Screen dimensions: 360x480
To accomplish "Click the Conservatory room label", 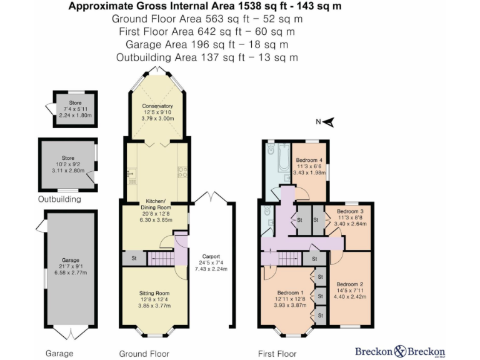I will pos(157,106).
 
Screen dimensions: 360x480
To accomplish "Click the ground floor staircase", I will pos(161,257).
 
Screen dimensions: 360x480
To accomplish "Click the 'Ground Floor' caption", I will pos(144,353).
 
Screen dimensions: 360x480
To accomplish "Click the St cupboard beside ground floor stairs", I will pos(133,257).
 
